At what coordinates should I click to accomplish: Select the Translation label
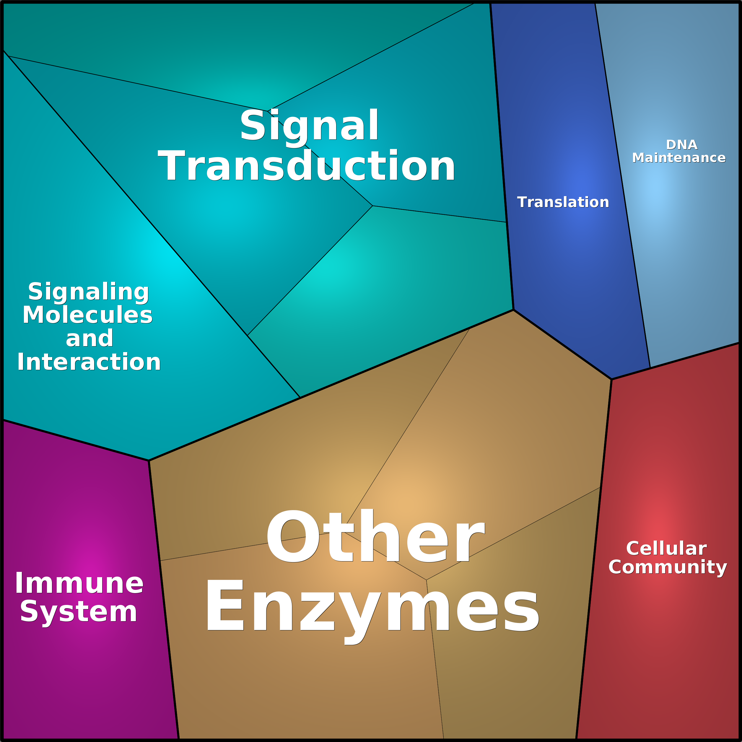[x=563, y=202]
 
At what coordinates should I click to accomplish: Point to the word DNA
[x=682, y=145]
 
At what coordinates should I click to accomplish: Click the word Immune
[x=79, y=583]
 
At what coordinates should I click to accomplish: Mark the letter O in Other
[x=293, y=536]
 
